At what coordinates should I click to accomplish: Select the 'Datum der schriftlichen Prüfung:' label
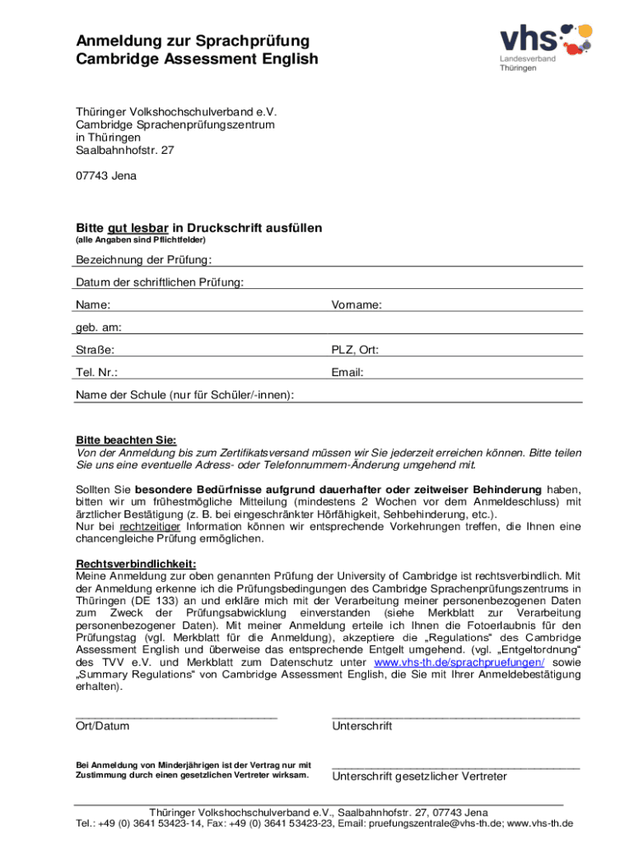[x=160, y=282]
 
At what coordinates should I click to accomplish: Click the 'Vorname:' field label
[x=357, y=305]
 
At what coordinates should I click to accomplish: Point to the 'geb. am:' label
[x=99, y=327]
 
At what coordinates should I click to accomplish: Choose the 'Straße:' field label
[x=96, y=350]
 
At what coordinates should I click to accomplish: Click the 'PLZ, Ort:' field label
[x=355, y=350]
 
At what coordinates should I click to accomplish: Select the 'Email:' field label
[x=347, y=372]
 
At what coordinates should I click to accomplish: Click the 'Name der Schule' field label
[x=184, y=395]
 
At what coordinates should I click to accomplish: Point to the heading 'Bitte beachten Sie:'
[x=126, y=440]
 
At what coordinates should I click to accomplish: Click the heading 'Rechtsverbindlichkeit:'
[x=136, y=563]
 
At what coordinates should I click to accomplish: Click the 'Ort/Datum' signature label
[x=102, y=726]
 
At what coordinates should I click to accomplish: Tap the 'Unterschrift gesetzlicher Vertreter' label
[x=419, y=776]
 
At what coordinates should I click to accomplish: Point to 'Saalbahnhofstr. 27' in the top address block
[x=125, y=151]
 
